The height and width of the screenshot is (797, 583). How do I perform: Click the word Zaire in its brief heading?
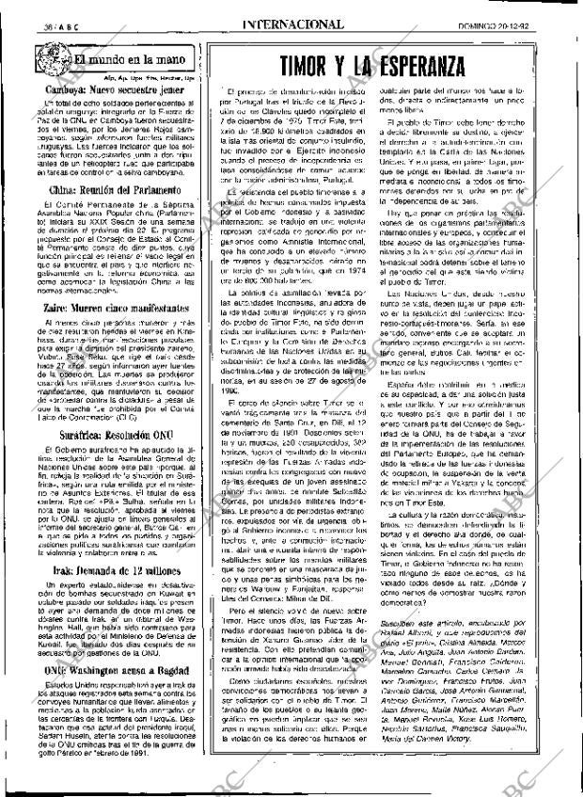pos(37,308)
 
